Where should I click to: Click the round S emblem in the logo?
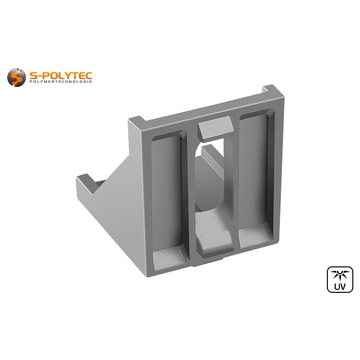[16, 77]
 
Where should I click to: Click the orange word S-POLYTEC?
[60, 75]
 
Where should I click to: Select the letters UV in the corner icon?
[340, 287]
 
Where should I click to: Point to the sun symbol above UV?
[340, 275]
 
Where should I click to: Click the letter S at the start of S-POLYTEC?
[34, 75]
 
